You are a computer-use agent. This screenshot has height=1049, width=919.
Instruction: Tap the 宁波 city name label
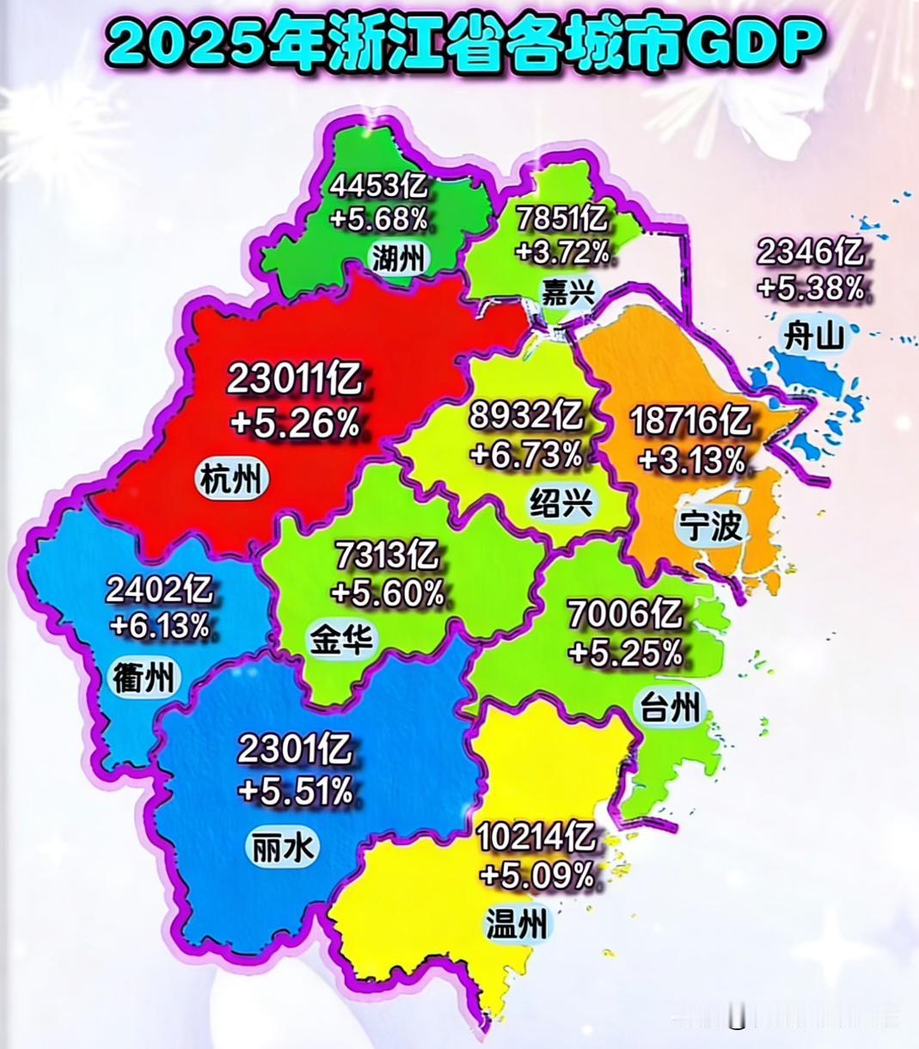point(710,524)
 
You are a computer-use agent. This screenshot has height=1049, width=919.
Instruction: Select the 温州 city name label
point(516,925)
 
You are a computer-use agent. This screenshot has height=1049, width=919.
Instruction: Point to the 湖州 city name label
point(398,256)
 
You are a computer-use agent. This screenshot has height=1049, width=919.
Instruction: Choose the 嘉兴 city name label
point(568,292)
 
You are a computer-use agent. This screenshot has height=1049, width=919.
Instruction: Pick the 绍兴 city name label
point(561,502)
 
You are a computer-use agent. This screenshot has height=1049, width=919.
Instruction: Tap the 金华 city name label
point(341,641)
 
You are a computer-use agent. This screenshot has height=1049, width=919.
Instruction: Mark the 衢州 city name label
point(144,678)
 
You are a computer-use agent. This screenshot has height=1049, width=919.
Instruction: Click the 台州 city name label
point(670,709)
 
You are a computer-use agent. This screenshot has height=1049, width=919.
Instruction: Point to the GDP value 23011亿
point(295,379)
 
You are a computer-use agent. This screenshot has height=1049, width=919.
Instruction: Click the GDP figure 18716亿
point(690,421)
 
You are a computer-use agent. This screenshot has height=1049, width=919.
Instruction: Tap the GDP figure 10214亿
point(536,835)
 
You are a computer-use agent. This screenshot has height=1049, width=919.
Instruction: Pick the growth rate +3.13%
point(691,461)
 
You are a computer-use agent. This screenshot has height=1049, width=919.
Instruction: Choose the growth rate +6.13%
point(160,626)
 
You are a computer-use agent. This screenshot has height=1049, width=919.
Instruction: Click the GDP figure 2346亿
point(810,252)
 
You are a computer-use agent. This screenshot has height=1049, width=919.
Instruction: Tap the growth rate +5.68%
point(378,219)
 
